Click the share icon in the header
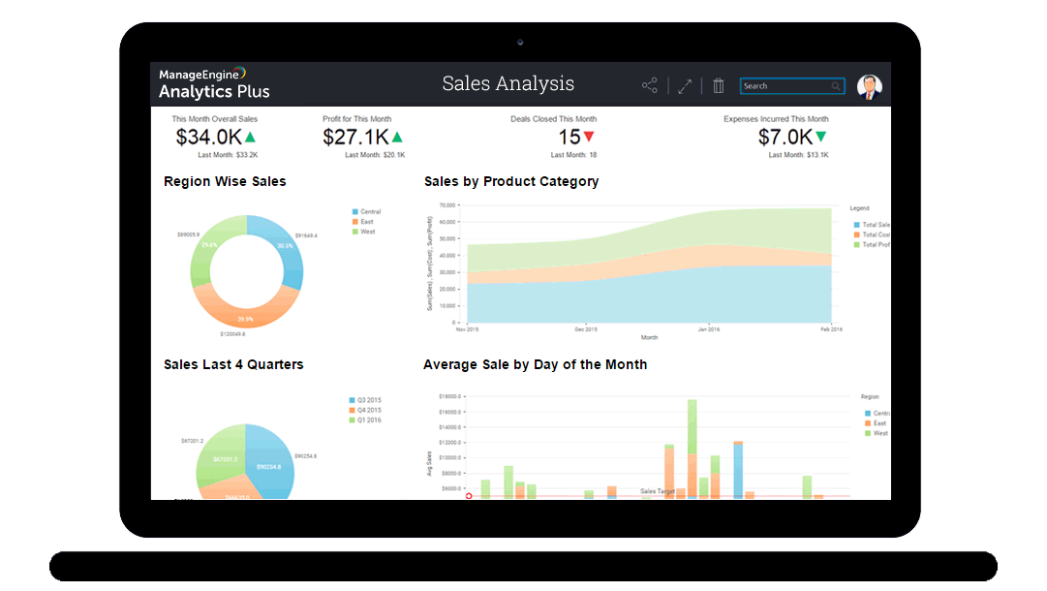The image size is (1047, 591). click(x=650, y=86)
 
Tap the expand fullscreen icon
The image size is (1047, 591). click(x=685, y=86)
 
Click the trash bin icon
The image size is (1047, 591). click(x=719, y=86)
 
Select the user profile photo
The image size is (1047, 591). click(x=869, y=87)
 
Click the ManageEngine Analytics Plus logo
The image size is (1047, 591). click(x=214, y=83)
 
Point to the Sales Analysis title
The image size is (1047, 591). click(x=508, y=84)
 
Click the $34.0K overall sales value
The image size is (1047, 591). click(x=208, y=137)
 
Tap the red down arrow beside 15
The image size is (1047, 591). click(x=589, y=137)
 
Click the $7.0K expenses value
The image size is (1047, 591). click(x=785, y=137)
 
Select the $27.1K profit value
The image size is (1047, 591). click(x=355, y=137)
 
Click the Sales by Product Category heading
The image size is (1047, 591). click(x=511, y=181)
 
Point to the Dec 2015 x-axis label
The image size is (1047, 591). click(x=587, y=329)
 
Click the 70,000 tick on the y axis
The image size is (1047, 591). click(x=447, y=205)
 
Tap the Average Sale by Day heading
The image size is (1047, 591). click(x=535, y=364)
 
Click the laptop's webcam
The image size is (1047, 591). click(x=520, y=42)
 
